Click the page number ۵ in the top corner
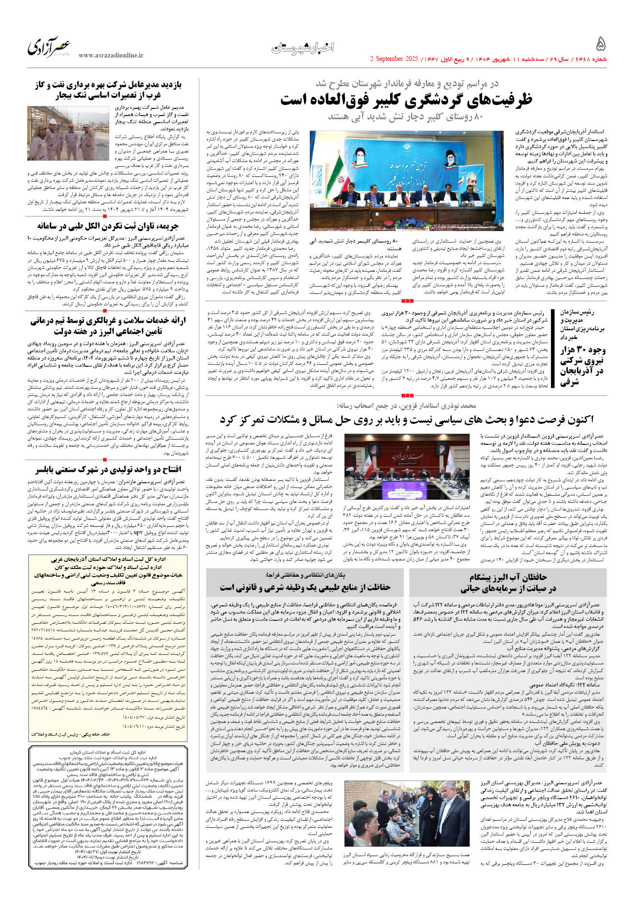(600, 44)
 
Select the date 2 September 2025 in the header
(394, 59)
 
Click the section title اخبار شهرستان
(303, 47)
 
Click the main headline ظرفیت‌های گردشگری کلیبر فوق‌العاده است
(406, 100)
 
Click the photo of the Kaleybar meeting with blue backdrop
(407, 182)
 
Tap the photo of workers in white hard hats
(68, 133)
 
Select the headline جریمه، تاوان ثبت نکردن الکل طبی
(108, 226)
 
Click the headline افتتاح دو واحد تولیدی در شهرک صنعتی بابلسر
(108, 469)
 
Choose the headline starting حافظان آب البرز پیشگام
(508, 582)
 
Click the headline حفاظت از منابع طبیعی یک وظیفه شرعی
(305, 587)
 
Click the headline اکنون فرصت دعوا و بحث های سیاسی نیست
(406, 420)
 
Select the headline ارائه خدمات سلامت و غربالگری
(108, 325)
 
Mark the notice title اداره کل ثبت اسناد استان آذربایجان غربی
(108, 559)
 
